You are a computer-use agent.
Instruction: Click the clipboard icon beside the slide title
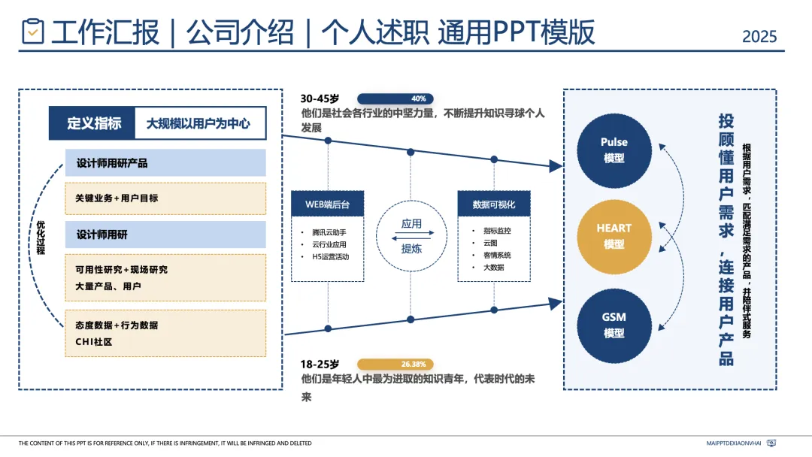33,32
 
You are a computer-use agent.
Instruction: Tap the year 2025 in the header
759,36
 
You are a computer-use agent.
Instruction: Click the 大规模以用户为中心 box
198,124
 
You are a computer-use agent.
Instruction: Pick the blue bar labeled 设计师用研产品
165,162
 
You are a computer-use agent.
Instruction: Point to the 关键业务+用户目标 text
117,198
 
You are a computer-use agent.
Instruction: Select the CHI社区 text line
93,342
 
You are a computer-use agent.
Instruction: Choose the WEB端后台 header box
328,204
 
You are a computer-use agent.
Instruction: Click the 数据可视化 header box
494,204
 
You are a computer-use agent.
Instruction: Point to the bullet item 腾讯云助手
329,232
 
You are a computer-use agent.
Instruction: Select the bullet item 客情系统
497,256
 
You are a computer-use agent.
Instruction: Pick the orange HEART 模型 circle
614,236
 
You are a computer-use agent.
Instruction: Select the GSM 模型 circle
614,325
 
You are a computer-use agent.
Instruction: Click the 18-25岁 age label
320,365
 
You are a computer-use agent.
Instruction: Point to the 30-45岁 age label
320,98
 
